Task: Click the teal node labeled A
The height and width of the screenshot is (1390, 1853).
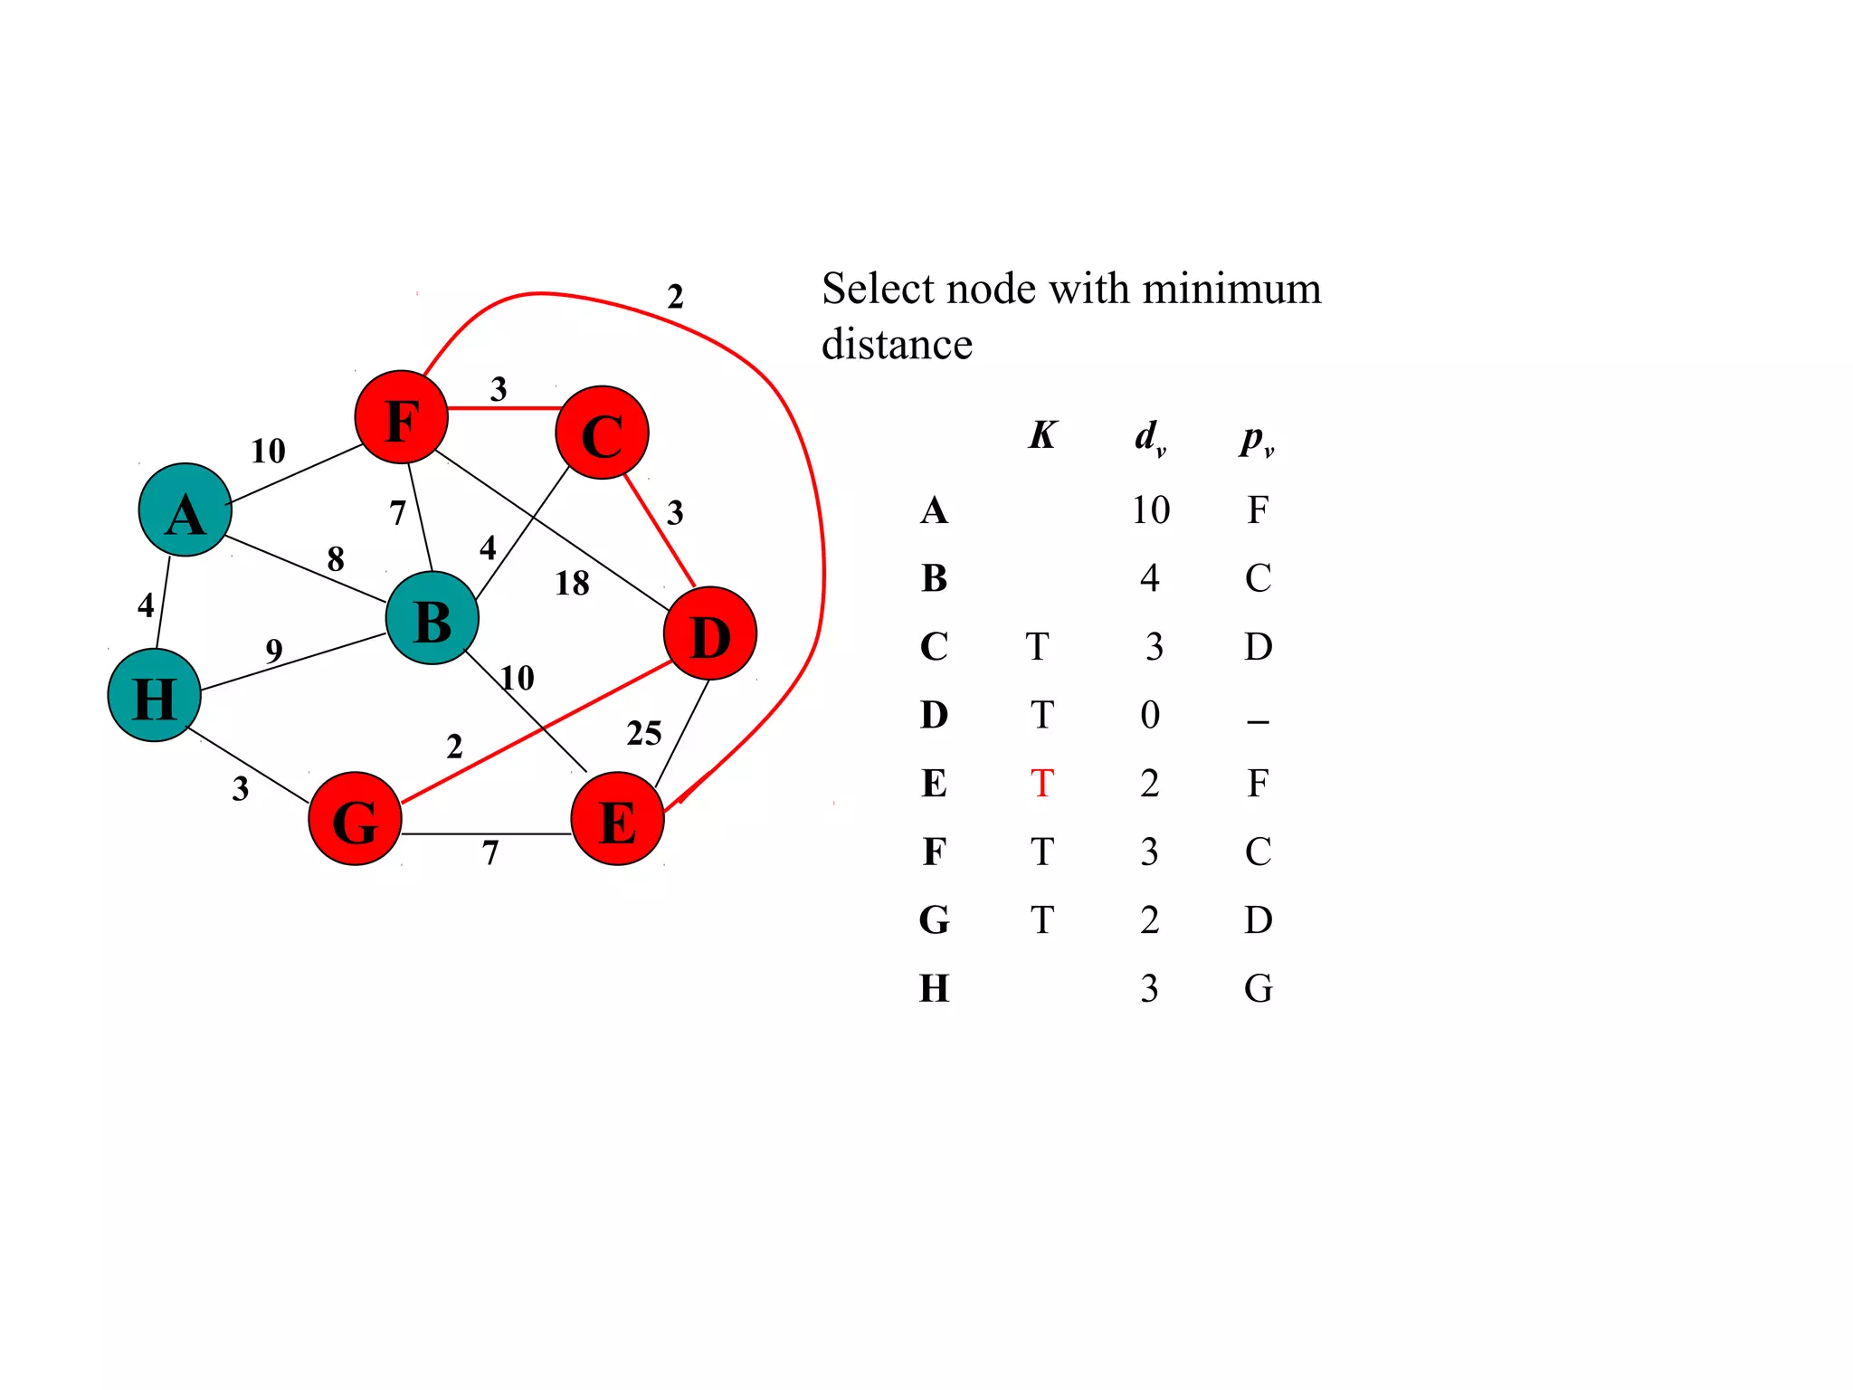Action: click(x=185, y=509)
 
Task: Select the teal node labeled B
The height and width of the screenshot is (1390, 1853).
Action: click(x=432, y=618)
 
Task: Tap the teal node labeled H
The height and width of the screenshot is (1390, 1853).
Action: click(x=154, y=695)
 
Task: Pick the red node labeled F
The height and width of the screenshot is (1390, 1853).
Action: click(x=401, y=417)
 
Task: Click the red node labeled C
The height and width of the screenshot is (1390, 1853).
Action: click(x=602, y=433)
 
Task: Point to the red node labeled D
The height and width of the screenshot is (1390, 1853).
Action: click(x=709, y=633)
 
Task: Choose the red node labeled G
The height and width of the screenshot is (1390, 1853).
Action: click(x=355, y=819)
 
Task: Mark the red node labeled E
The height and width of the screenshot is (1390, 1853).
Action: click(x=617, y=819)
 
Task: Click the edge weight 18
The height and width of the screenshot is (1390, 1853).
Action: click(x=572, y=584)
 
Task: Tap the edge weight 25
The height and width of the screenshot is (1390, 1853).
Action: click(x=643, y=733)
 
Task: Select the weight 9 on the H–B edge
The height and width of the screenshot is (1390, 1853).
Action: click(x=274, y=651)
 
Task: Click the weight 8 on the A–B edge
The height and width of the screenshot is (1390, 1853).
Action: click(x=336, y=559)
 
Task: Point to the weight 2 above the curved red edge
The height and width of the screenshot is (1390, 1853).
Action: click(x=675, y=297)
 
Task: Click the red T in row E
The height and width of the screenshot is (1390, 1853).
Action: click(x=1041, y=784)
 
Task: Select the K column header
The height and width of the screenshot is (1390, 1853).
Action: click(x=1041, y=435)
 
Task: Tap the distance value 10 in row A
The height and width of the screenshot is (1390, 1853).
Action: click(x=1150, y=510)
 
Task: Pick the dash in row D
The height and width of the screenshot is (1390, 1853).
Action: click(x=1258, y=721)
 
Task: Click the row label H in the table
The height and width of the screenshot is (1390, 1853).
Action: click(x=934, y=988)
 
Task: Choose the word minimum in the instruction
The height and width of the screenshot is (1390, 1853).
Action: click(x=1231, y=290)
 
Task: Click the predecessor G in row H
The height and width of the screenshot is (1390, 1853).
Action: click(x=1258, y=988)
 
